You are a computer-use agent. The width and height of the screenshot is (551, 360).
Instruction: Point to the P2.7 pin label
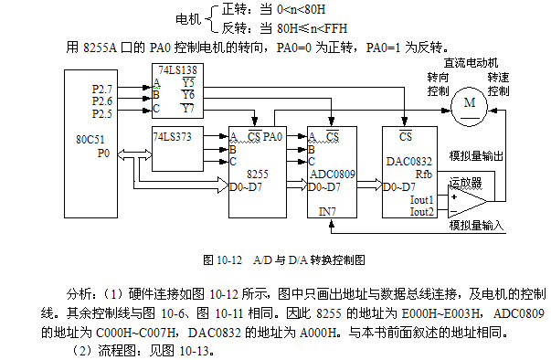pyautogui.click(x=103, y=88)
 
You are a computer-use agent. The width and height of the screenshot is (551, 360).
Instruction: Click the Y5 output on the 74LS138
pyautogui.click(x=187, y=81)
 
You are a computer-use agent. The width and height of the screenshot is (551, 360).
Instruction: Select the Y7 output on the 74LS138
pyautogui.click(x=187, y=108)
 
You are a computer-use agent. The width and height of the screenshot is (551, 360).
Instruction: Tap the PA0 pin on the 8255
pyautogui.click(x=273, y=136)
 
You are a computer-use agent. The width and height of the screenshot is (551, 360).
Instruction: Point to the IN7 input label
pyautogui.click(x=327, y=211)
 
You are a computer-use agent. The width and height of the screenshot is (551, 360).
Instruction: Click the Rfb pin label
pyautogui.click(x=423, y=173)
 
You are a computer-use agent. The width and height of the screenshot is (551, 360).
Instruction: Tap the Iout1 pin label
pyautogui.click(x=421, y=200)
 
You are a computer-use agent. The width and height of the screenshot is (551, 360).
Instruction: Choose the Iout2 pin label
pyautogui.click(x=421, y=212)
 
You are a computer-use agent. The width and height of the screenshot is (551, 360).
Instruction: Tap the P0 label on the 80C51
pyautogui.click(x=103, y=154)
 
